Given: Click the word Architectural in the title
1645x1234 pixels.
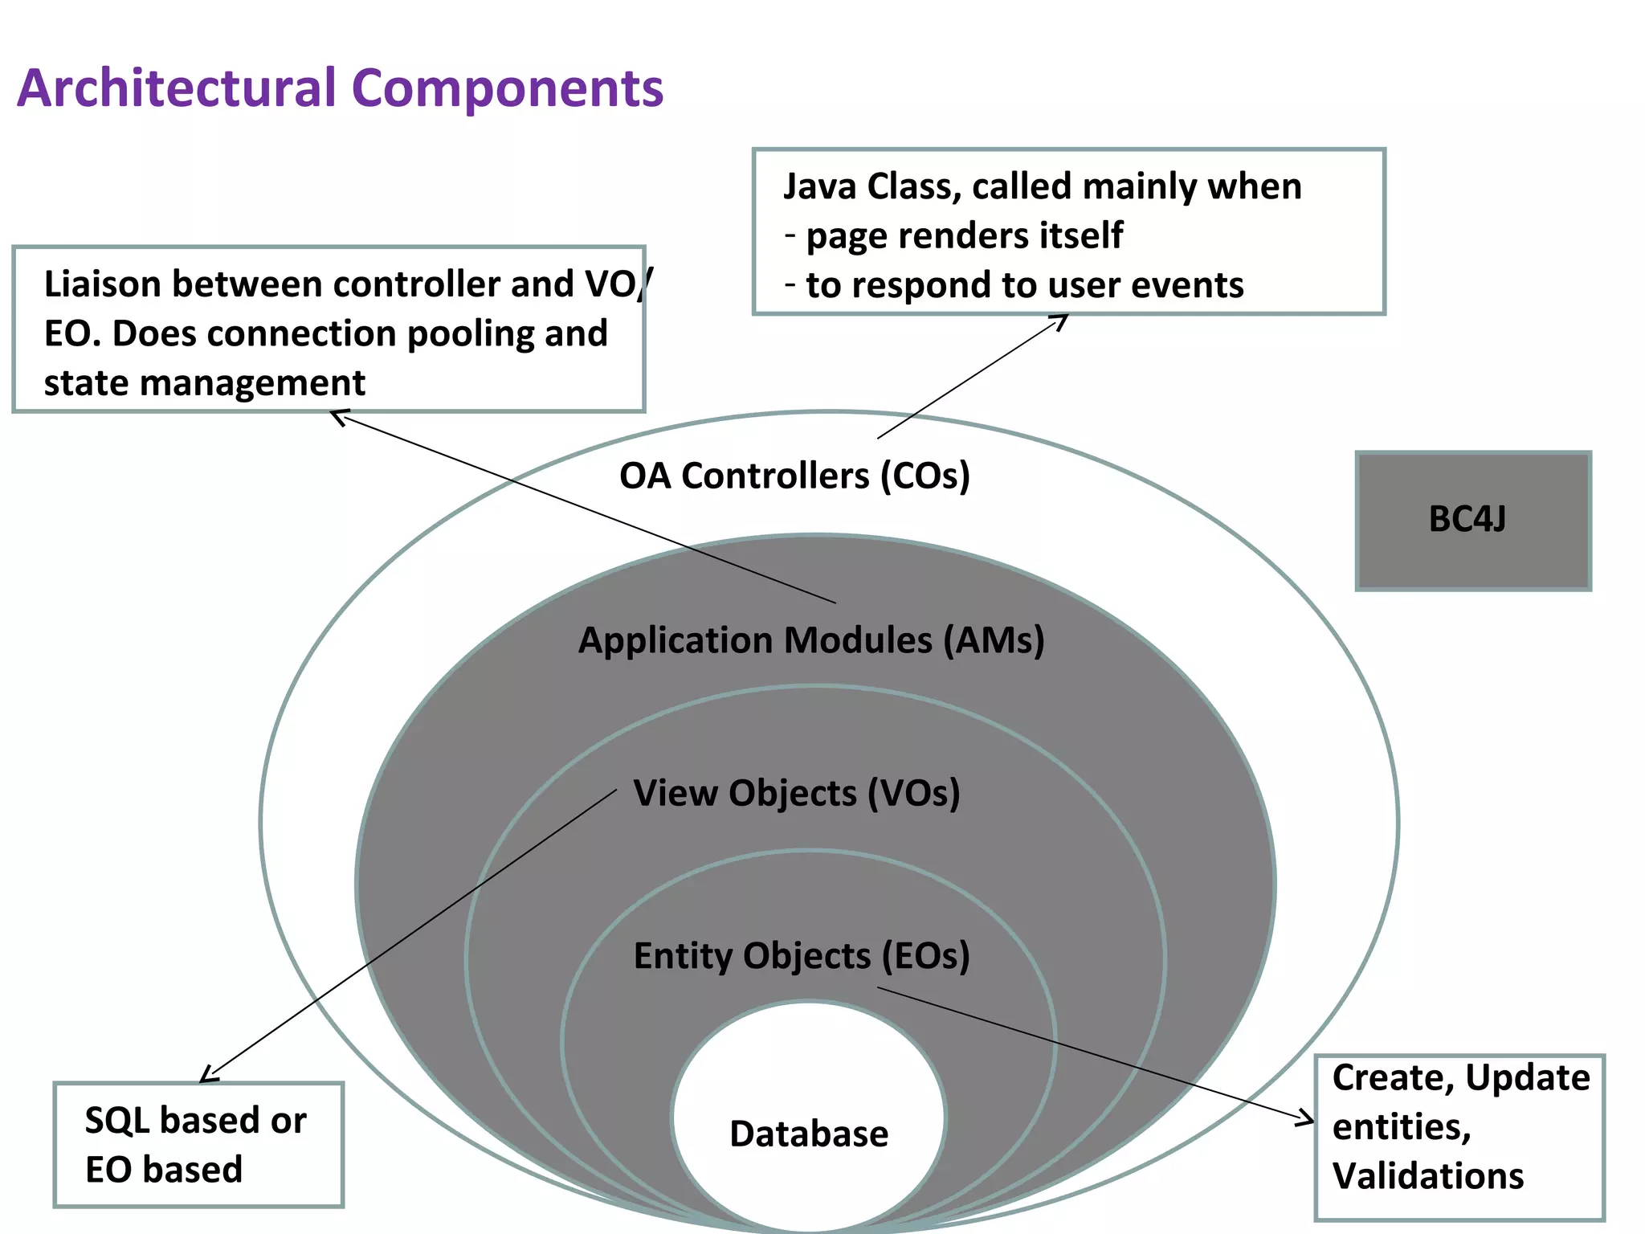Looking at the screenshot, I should click(175, 88).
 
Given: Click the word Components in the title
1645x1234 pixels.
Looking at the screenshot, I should click(508, 88).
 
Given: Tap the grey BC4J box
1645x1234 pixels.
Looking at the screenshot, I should click(1472, 521).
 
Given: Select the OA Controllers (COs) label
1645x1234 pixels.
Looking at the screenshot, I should click(794, 476).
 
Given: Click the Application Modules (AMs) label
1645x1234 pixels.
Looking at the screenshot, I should click(811, 641).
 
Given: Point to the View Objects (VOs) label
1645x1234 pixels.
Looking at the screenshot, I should click(796, 793).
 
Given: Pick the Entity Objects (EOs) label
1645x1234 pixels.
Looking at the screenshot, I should click(802, 956).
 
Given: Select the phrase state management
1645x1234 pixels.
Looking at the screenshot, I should click(204, 383).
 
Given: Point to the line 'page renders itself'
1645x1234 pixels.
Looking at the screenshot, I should click(964, 236).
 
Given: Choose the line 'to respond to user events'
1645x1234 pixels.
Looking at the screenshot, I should click(1024, 285).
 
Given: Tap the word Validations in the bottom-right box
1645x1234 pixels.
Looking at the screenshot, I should click(1427, 1176).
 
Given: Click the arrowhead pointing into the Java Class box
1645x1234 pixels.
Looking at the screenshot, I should click(1063, 319).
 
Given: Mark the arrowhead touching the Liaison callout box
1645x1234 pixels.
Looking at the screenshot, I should click(338, 415).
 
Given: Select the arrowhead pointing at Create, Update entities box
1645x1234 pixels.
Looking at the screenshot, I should click(1308, 1119).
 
